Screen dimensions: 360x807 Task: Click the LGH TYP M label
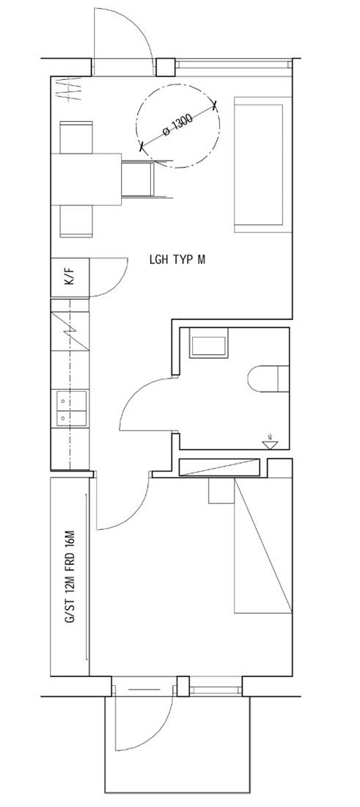tap(177, 260)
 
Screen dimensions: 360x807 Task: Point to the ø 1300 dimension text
tap(177, 125)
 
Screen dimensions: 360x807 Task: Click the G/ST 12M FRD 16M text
tap(70, 576)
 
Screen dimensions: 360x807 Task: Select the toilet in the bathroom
tap(268, 379)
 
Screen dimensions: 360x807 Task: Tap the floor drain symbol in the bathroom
tap(270, 442)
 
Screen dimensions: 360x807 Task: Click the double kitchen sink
tap(70, 409)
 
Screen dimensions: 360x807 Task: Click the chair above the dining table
tap(76, 137)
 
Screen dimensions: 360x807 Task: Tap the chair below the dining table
tap(76, 222)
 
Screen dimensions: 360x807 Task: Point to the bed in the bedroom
tap(263, 546)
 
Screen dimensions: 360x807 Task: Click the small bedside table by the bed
tap(221, 491)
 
